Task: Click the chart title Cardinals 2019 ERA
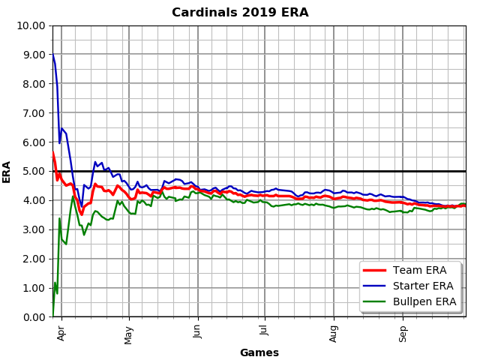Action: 240,13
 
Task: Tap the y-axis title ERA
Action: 7,171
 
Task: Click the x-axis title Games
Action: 259,352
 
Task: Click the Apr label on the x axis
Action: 61,331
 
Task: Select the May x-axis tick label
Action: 129,331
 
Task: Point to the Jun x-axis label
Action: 198,331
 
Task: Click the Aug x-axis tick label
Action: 334,331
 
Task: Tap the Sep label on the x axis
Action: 403,331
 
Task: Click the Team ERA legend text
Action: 424,271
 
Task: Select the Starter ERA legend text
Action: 428,286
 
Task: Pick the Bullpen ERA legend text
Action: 430,301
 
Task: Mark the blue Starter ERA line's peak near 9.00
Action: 52,55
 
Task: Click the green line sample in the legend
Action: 379,301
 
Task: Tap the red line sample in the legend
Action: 379,271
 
